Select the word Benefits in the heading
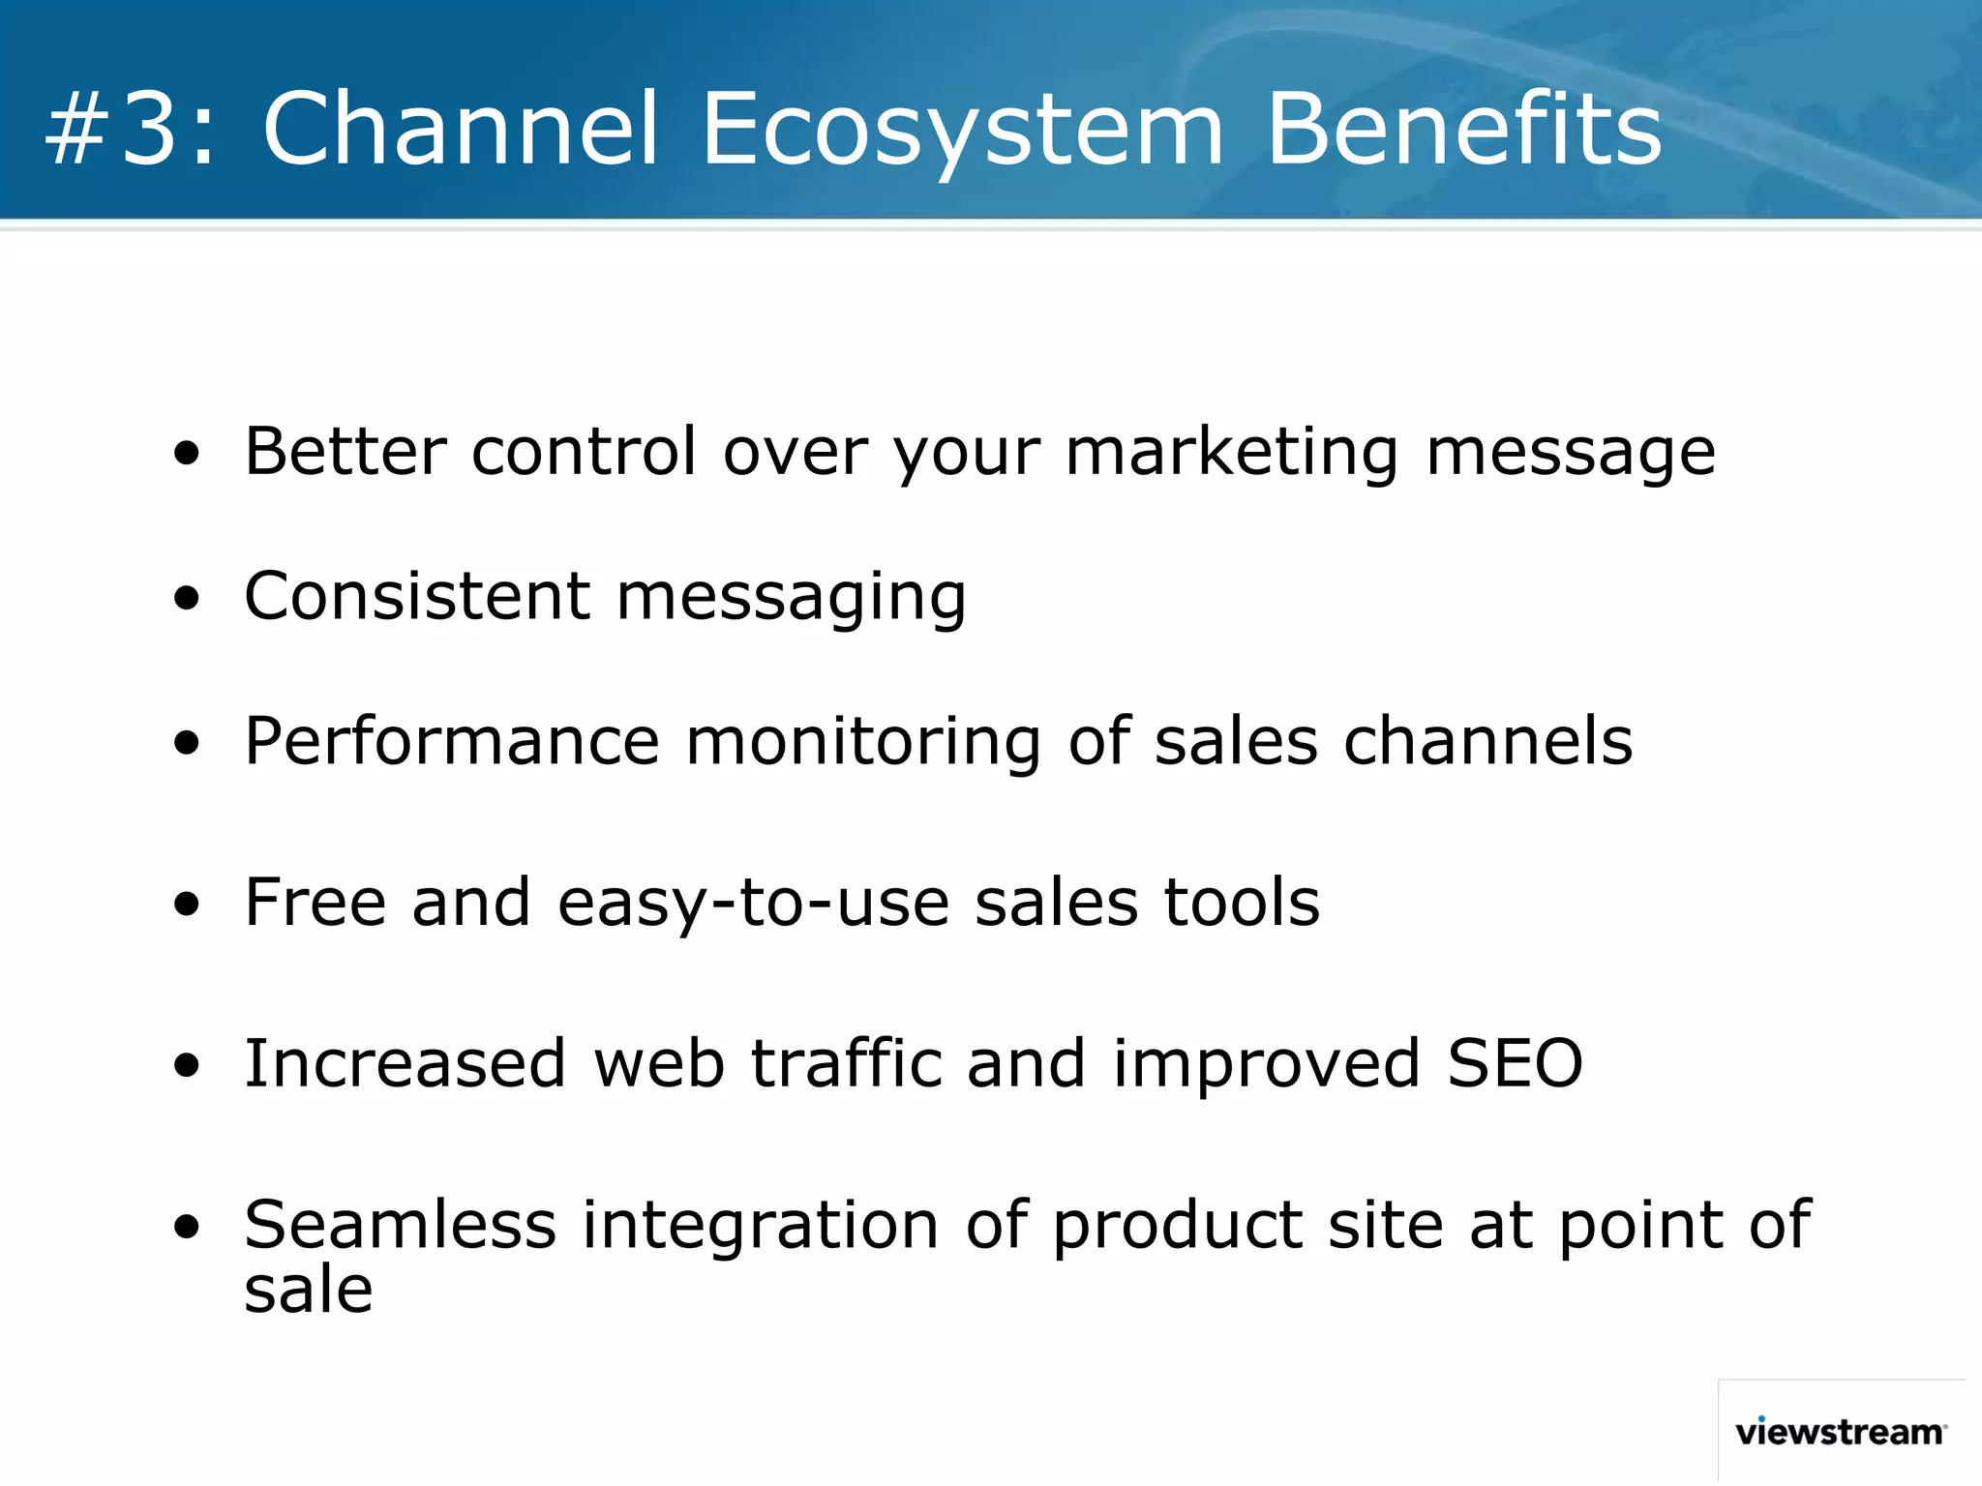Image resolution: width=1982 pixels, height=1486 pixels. tap(1463, 129)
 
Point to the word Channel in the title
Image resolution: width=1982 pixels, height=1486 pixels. tap(461, 129)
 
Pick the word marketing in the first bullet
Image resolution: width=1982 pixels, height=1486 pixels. tap(1231, 453)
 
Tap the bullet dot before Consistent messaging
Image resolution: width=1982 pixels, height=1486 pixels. tap(187, 598)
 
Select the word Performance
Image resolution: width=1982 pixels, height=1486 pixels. tap(452, 742)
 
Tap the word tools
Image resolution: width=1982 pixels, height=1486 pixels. tap(1242, 903)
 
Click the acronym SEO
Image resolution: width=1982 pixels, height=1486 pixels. tap(1515, 1064)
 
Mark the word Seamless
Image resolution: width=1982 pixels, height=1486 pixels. tap(400, 1226)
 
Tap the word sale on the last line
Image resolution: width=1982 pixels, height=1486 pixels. tap(308, 1291)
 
